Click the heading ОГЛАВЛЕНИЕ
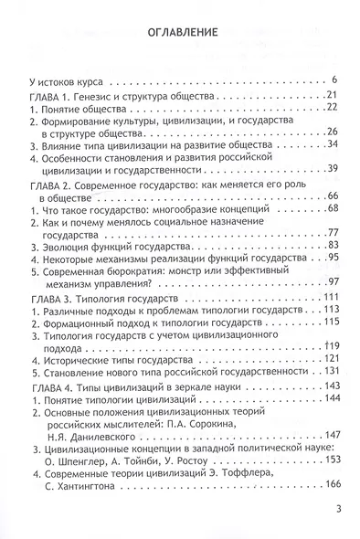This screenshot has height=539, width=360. pyautogui.click(x=179, y=35)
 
